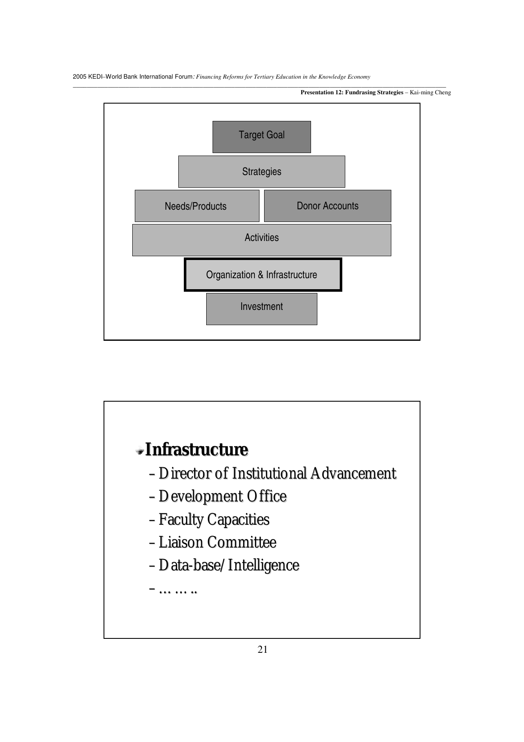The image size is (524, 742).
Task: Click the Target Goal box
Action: pyautogui.click(x=262, y=137)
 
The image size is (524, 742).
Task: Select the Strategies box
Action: pyautogui.click(x=262, y=172)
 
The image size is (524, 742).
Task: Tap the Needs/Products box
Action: pyautogui.click(x=196, y=206)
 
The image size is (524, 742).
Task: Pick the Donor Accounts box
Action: pyautogui.click(x=327, y=206)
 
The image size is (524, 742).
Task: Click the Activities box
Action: pyautogui.click(x=262, y=240)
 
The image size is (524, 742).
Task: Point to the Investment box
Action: pyautogui.click(x=262, y=309)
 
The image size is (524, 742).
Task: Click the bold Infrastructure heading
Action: pyautogui.click(x=196, y=449)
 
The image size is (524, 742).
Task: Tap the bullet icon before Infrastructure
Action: pyautogui.click(x=139, y=451)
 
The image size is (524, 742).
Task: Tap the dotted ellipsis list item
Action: pyautogui.click(x=177, y=589)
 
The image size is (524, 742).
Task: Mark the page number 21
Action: pyautogui.click(x=262, y=650)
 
